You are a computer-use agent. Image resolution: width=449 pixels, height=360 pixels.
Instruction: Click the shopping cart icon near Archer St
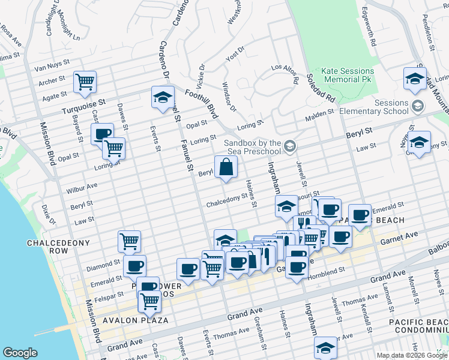(x=85, y=81)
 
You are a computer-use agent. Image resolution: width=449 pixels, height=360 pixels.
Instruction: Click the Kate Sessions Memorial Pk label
(x=347, y=75)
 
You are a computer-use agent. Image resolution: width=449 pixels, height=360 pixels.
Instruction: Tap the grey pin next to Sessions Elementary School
(x=418, y=106)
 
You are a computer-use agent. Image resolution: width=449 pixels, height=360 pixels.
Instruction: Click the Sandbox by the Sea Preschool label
(x=253, y=148)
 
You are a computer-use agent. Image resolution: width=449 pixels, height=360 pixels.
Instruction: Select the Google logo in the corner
(x=20, y=353)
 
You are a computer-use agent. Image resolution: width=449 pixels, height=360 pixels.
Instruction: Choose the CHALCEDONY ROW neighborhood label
(x=58, y=247)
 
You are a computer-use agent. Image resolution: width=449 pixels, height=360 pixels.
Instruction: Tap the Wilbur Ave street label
(x=82, y=186)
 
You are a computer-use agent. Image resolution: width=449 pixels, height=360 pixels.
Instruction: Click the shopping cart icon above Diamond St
(x=129, y=241)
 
